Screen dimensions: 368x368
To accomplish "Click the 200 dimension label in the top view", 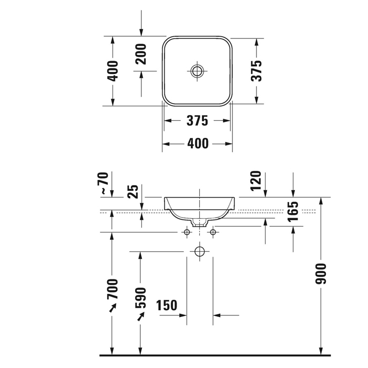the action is point(141,54).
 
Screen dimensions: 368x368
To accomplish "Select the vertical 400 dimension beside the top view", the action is point(113,71).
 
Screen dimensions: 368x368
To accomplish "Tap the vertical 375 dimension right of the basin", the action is point(257,71).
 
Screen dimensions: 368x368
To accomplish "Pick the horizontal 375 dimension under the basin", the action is point(197,120).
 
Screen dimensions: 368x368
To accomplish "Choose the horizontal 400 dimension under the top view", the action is point(198,144).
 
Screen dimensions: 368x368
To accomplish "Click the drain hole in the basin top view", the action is point(197,71).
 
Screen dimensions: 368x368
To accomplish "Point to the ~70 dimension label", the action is point(105,183).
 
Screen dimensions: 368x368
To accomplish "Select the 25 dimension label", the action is point(133,191).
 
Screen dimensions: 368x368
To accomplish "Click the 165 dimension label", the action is point(293,211).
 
